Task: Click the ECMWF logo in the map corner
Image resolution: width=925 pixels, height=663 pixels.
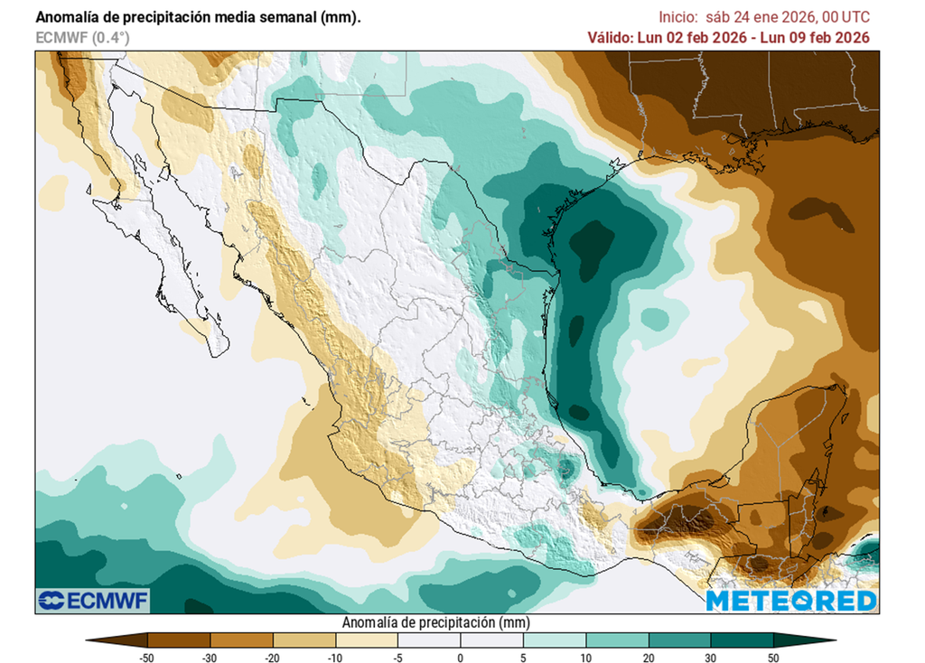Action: coord(94,600)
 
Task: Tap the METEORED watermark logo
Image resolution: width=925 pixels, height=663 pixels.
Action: coord(790,601)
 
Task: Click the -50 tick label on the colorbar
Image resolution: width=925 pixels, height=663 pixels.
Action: coord(146,657)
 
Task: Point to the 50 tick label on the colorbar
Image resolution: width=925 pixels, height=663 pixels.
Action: coord(773,657)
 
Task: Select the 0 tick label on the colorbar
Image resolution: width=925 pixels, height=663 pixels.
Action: coord(460,657)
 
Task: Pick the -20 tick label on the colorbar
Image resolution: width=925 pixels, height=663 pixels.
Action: coord(272,657)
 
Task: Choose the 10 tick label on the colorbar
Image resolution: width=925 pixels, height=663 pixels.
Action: coord(585,657)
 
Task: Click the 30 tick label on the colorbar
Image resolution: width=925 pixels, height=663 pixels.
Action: coord(711,657)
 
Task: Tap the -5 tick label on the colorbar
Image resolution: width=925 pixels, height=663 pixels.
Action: coord(397,657)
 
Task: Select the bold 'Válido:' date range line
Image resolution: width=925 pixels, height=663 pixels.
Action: coord(728,38)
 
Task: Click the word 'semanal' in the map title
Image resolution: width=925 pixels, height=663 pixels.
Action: coord(265,17)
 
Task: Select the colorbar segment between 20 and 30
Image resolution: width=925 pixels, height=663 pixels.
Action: coord(679,640)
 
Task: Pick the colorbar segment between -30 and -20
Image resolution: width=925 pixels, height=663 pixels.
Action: coord(240,640)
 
